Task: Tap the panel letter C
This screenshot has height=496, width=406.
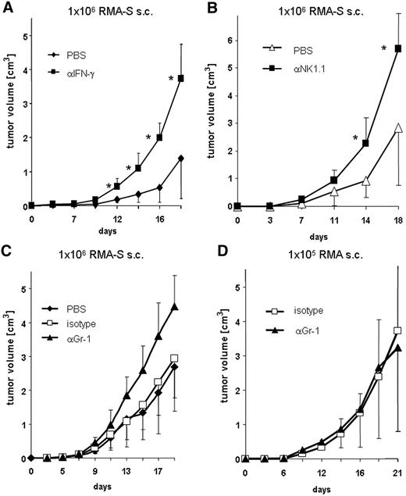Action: pyautogui.click(x=8, y=252)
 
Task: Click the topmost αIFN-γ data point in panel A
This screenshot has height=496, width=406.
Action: pyautogui.click(x=181, y=78)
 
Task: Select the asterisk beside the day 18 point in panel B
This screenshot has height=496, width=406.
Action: pyautogui.click(x=384, y=48)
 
